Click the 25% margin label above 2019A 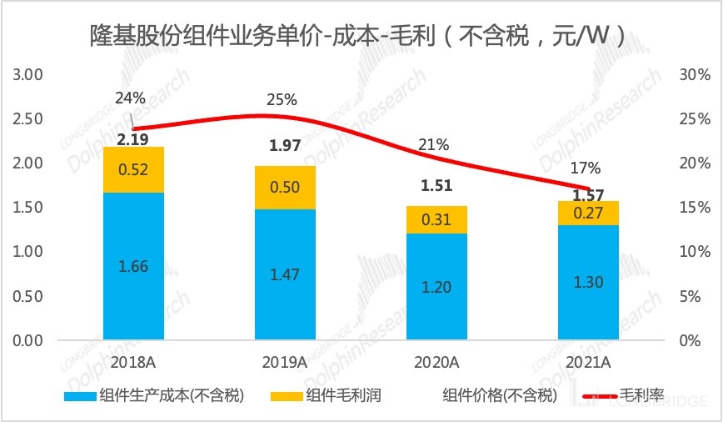click(282, 99)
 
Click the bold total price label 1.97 click(286, 147)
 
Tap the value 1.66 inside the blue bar click(133, 268)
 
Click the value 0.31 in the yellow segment click(436, 219)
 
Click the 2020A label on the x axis click(436, 362)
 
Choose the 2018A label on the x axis click(133, 362)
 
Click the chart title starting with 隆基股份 click(359, 35)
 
